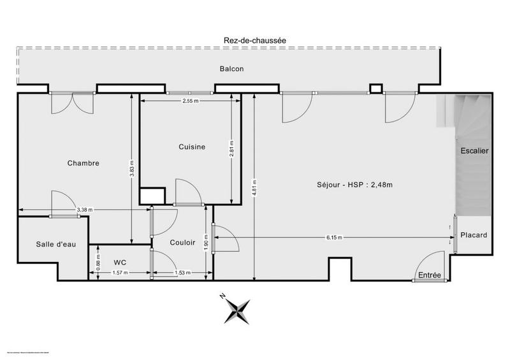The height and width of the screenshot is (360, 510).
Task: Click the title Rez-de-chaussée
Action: click(254, 40)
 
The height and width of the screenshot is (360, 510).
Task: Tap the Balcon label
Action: click(231, 69)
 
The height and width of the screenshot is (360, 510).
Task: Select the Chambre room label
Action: click(84, 163)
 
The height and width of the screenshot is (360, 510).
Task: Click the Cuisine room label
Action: click(191, 147)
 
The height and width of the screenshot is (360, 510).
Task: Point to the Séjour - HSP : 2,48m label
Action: click(355, 185)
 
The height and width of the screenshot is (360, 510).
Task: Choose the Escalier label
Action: click(474, 152)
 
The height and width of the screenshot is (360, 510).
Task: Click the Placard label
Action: click(474, 235)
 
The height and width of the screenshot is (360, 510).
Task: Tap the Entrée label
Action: click(430, 275)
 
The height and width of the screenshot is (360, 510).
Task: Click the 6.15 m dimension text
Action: click(333, 237)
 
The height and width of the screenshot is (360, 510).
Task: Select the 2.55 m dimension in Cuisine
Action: click(190, 101)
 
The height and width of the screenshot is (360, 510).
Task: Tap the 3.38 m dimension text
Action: click(84, 210)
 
